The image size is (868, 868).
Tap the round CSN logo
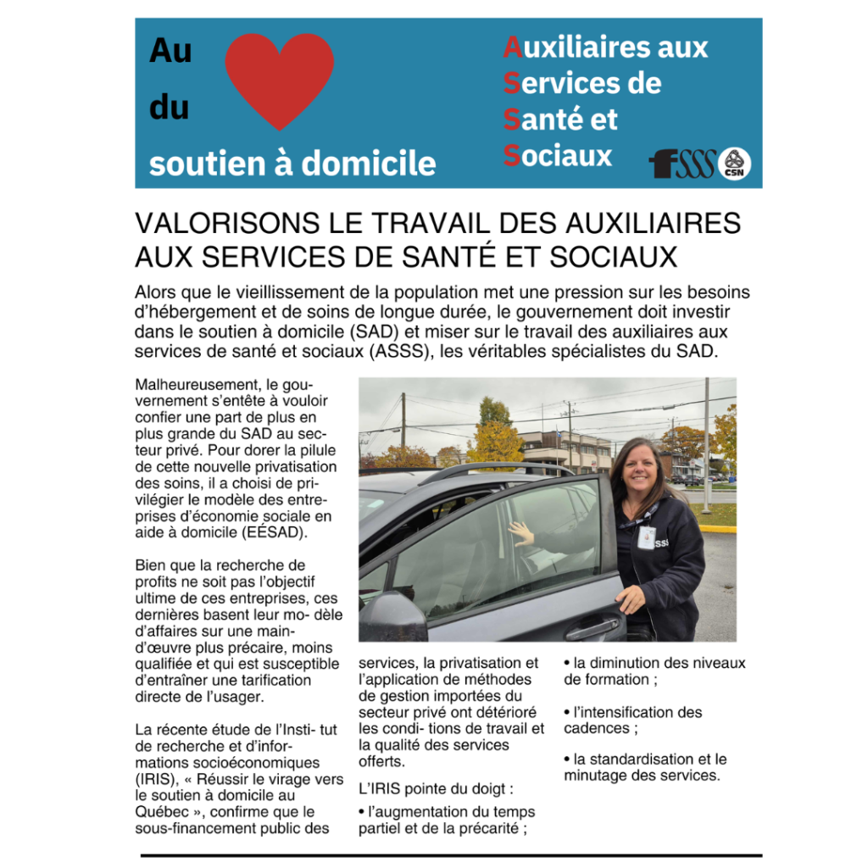pos(734,164)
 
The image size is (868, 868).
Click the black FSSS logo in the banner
pos(682,163)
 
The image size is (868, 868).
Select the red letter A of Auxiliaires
pos(512,47)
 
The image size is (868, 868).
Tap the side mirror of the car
pos(393,616)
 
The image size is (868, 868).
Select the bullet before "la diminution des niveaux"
pos(567,664)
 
